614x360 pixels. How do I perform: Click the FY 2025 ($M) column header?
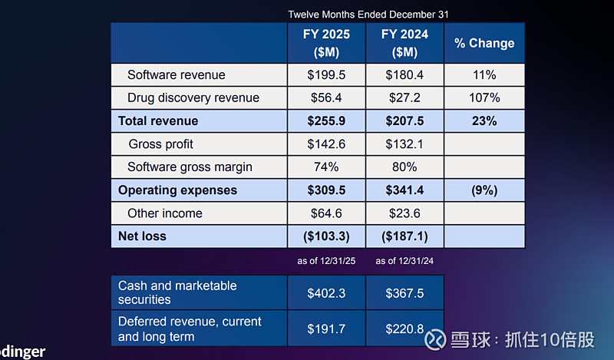point(326,43)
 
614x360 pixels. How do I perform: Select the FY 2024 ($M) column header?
point(404,43)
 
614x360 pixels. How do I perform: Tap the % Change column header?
point(484,44)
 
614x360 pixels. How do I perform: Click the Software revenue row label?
point(177,75)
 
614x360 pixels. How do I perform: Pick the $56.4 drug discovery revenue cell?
point(326,98)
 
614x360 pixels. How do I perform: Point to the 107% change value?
point(484,98)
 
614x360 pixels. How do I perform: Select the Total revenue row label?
point(158,121)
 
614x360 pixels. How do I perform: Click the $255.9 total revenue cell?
point(326,121)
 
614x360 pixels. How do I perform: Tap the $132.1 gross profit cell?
point(404,144)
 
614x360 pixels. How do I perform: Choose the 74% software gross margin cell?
point(326,167)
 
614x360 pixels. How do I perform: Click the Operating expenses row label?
point(177,190)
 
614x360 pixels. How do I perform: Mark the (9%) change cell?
point(484,190)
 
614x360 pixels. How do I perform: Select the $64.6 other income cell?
point(326,213)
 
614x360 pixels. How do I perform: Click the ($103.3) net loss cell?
point(326,236)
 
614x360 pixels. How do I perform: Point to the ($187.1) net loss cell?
point(404,236)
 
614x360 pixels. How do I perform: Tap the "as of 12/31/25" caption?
point(326,261)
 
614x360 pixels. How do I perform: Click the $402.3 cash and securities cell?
point(326,292)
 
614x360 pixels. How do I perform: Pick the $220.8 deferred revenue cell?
point(404,329)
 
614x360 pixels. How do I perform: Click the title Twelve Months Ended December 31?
point(368,15)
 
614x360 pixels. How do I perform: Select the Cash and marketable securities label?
point(177,292)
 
